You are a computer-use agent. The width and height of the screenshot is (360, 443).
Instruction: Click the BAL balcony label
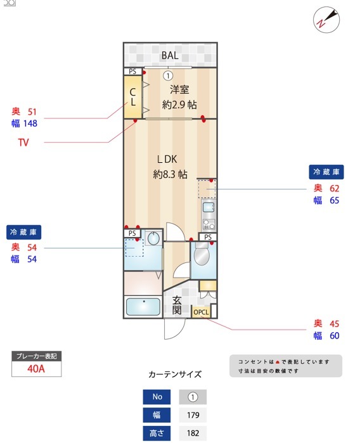point(169,56)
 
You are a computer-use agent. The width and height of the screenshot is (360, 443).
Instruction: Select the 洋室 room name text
point(179,90)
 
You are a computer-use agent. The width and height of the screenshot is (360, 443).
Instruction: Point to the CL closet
point(133,97)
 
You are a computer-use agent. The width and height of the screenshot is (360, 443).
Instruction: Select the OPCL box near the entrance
point(201,312)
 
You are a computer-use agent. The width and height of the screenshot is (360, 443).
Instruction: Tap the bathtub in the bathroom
point(143,307)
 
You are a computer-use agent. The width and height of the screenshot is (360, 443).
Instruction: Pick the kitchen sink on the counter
point(209,207)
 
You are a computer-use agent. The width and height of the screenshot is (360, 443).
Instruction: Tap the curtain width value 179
point(193,416)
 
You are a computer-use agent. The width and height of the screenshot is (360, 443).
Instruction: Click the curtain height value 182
point(193,434)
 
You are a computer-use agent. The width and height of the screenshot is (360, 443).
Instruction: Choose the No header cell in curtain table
point(157,397)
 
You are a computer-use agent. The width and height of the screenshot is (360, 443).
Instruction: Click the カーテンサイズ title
point(174,375)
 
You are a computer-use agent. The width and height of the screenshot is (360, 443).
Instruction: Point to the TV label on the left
point(23,143)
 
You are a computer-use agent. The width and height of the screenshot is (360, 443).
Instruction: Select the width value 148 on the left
point(30,124)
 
